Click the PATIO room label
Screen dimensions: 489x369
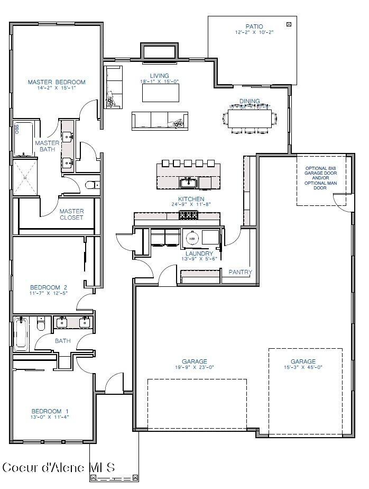pos(254,26)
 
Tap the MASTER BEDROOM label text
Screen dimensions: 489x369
pos(57,82)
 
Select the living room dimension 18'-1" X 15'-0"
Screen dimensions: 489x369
pos(160,81)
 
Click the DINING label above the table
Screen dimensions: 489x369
pos(250,101)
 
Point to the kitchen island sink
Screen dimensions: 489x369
pos(188,183)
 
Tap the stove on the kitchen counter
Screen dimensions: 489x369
pos(188,215)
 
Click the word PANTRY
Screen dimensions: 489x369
pos(240,272)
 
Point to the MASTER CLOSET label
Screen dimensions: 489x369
pos(71,214)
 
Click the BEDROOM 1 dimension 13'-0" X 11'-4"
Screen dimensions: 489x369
pos(50,417)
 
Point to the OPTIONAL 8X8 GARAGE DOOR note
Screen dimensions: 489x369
pos(321,178)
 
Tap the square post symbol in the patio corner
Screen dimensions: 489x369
pos(289,24)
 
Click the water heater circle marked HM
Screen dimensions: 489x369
pos(192,239)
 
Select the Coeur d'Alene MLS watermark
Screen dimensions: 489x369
pos(58,467)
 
